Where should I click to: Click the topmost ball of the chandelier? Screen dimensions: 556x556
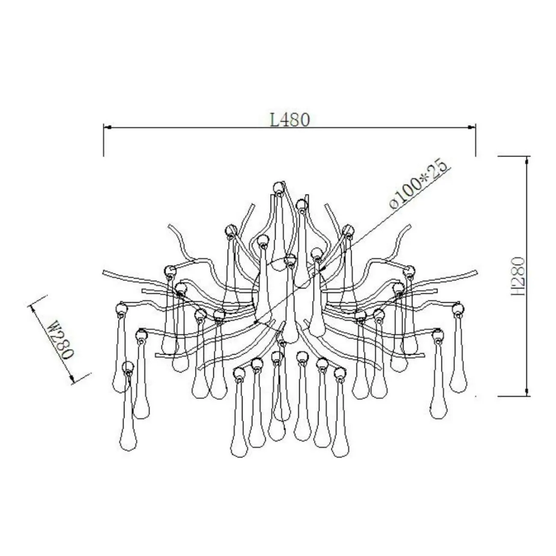pos(278,187)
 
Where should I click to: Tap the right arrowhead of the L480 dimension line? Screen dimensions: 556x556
pos(471,127)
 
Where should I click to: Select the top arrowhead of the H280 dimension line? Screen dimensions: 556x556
pos(527,160)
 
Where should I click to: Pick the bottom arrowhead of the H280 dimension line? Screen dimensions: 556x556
pos(527,392)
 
